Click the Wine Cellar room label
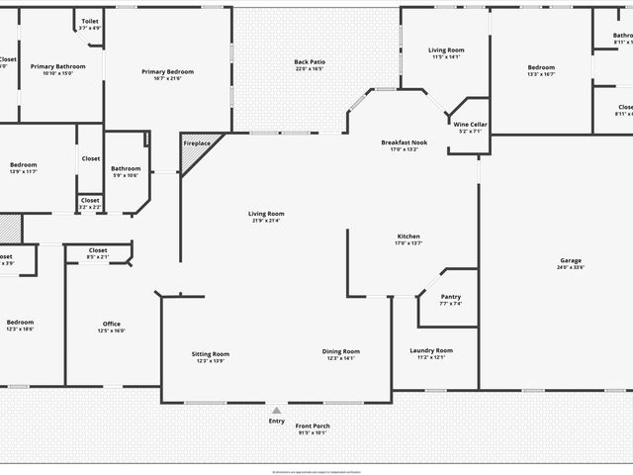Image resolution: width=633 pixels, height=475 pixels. pos(470,124)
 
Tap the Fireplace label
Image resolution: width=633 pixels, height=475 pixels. pos(197,144)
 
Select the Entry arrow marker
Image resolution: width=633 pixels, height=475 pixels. pos(277,410)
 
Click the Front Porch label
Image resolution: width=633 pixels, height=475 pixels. pos(313,426)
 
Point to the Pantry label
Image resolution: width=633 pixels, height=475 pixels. pos(450,297)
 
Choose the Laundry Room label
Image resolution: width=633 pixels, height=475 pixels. pos(431,350)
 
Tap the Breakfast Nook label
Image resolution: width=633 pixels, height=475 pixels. pos(404,143)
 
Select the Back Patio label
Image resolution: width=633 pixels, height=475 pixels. pos(310,62)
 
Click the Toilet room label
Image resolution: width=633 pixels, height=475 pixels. pos(90,21)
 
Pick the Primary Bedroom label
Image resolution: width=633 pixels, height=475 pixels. pos(167,71)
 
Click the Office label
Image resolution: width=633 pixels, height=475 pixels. pos(112,324)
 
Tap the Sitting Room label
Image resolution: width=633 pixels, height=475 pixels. pos(210,353)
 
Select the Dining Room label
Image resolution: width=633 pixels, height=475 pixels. pos(340,351)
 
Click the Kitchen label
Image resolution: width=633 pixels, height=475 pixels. pos(408,237)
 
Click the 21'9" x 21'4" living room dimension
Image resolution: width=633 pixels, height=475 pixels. pos(266,221)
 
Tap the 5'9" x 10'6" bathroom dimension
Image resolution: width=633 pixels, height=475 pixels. pos(126,175)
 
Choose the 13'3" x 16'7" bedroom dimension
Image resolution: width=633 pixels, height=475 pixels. pos(541,73)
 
